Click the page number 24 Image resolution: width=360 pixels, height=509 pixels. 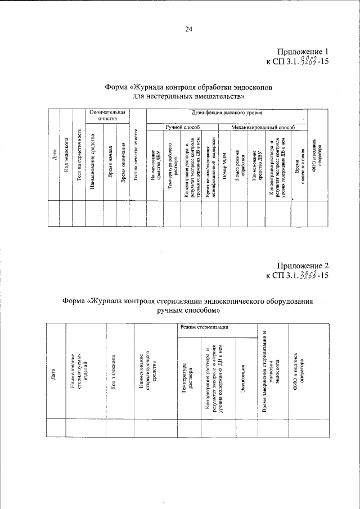pos(188,30)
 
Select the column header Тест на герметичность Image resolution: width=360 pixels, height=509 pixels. pos(79,163)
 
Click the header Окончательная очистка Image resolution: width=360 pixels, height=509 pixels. pos(107,116)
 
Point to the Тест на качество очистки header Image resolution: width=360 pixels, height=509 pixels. pos(137,163)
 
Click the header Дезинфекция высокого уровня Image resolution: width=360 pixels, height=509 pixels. pos(228,114)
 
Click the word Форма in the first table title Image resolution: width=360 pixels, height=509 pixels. pos(116,87)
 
